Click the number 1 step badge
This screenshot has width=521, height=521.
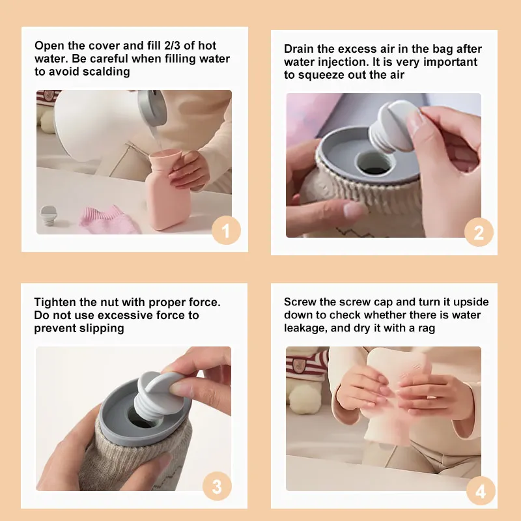pos(226,230)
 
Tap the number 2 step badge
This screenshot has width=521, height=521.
pos(479,232)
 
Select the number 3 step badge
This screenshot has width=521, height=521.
pos(217,486)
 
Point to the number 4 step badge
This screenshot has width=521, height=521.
pos(481,490)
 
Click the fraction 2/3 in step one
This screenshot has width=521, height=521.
pos(173,46)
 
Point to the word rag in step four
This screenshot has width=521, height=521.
pos(427,329)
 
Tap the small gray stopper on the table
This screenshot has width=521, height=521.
pos(48,216)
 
